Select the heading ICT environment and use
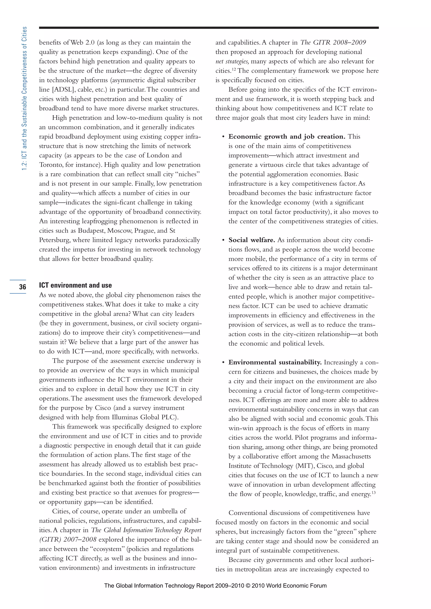[x=75, y=285]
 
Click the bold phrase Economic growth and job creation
[x=287, y=137]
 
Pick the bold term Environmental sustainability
[x=275, y=362]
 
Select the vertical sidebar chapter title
[x=24, y=98]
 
